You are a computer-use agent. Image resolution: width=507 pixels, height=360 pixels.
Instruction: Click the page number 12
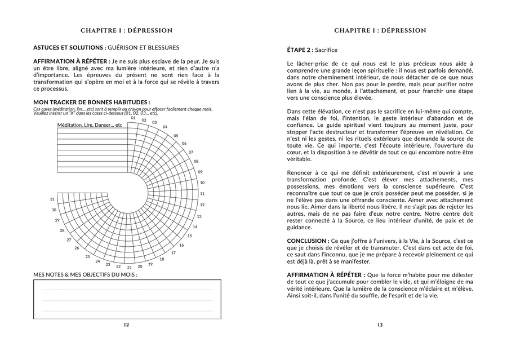pyautogui.click(x=126, y=325)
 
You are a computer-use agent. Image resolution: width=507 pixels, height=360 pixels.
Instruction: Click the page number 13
pyautogui.click(x=380, y=325)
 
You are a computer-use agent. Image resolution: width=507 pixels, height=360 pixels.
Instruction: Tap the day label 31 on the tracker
pyautogui.click(x=52, y=199)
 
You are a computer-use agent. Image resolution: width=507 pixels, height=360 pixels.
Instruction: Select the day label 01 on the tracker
pyautogui.click(x=134, y=118)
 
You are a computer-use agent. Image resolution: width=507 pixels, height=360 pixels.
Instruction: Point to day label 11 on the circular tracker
pyautogui.click(x=202, y=194)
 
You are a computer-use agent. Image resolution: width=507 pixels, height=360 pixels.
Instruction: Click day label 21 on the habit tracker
pyautogui.click(x=129, y=268)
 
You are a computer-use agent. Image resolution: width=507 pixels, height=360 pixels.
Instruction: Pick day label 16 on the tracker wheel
pyautogui.click(x=181, y=245)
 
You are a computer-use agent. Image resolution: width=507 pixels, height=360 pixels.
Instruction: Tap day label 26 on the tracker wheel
pyautogui.click(x=77, y=248)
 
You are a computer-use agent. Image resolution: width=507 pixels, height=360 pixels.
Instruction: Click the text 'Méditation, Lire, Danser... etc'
pyautogui.click(x=90, y=125)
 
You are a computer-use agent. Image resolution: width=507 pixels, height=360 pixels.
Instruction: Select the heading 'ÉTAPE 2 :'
pyautogui.click(x=299, y=50)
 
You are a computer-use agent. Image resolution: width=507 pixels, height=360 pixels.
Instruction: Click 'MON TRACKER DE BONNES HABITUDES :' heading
pyautogui.click(x=91, y=102)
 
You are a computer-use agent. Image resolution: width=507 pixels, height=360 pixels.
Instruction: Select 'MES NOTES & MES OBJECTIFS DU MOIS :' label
pyautogui.click(x=85, y=275)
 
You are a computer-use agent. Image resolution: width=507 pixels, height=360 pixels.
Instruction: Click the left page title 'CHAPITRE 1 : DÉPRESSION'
pyautogui.click(x=126, y=30)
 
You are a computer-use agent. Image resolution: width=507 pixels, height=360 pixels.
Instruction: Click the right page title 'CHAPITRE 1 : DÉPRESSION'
pyautogui.click(x=380, y=30)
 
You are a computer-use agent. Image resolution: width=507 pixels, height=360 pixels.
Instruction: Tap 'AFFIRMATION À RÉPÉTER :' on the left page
pyautogui.click(x=72, y=61)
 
